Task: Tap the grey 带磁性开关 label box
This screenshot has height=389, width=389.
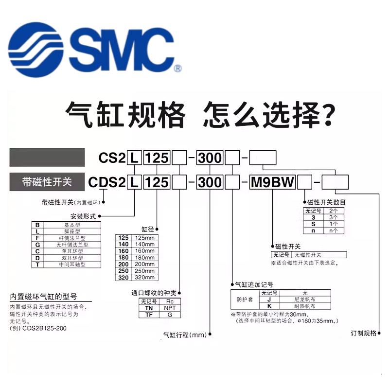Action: coord(47,182)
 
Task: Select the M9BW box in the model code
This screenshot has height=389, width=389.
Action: coord(272,183)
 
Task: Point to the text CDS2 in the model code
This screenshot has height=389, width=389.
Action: coord(106,183)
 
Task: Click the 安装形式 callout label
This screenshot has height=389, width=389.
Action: coord(83,216)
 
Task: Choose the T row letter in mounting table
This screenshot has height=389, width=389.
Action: coord(37,265)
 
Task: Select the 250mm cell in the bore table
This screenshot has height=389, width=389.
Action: coord(143,271)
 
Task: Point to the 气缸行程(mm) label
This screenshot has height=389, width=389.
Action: coord(184,335)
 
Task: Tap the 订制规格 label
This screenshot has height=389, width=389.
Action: coord(364,334)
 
